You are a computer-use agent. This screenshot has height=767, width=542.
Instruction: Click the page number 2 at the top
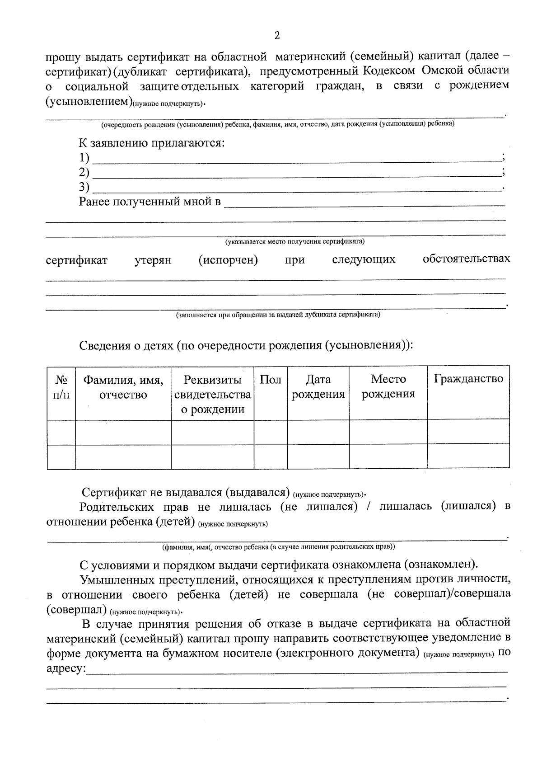277,36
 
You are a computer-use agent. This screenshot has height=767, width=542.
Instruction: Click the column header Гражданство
468,379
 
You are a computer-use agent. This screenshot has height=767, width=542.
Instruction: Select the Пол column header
271,380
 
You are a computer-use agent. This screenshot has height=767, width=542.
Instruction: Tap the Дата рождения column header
318,387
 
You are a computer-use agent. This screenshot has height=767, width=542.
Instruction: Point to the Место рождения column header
388,386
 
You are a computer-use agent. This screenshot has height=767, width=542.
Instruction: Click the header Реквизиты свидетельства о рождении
212,394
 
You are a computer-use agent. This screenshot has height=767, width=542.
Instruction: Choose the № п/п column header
61,387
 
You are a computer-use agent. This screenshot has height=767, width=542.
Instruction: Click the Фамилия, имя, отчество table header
123,387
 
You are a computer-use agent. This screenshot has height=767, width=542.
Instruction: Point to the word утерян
153,261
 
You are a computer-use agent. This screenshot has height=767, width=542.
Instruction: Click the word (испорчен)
228,260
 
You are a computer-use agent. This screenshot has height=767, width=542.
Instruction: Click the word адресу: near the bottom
66,668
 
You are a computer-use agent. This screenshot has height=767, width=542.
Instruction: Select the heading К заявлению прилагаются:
152,143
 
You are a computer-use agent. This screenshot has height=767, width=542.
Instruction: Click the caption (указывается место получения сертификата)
295,242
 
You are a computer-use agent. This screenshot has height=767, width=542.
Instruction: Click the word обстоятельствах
466,259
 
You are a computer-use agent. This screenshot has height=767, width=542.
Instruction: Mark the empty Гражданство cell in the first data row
468,432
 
